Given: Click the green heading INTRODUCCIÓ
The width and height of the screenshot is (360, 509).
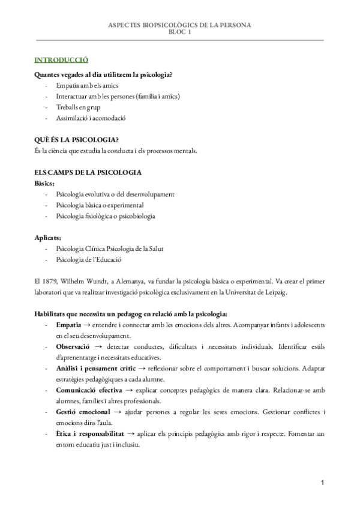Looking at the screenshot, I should [62, 60].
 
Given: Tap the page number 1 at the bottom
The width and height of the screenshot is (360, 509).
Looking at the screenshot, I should [322, 483].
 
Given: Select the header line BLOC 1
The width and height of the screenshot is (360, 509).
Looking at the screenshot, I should [179, 32].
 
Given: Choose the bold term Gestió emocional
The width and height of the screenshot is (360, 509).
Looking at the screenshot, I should [83, 411].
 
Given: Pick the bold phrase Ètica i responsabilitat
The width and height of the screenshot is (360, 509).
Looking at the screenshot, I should [89, 433].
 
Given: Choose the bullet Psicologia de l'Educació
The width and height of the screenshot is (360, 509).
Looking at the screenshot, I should [89, 259].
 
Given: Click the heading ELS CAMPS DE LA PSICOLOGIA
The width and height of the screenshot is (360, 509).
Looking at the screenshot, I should [88, 172].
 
